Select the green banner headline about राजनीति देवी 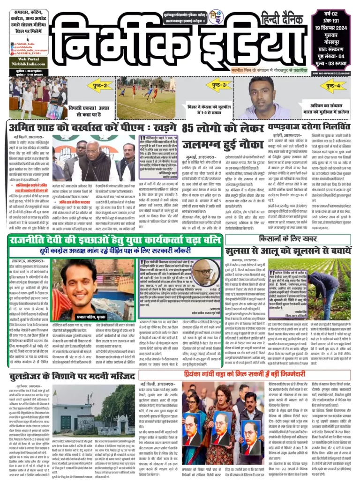pos(114,240)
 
